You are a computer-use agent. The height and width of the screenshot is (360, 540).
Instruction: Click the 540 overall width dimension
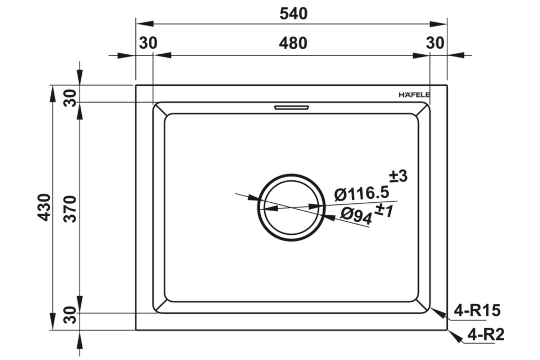point(293,14)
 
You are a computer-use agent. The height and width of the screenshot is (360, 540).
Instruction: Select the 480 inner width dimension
point(293,43)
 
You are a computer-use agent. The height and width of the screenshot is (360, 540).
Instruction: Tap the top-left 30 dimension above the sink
point(148,43)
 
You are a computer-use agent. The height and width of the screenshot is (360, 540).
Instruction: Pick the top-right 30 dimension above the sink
point(435,43)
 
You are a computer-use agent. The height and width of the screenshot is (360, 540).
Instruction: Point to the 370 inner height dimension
point(71,209)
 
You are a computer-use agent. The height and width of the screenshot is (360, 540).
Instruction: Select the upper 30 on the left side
point(71,98)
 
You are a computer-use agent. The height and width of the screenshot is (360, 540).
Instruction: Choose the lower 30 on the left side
point(71,315)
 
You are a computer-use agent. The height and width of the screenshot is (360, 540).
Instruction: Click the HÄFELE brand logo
point(414,95)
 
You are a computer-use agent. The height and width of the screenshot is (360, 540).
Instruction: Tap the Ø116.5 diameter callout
point(361,193)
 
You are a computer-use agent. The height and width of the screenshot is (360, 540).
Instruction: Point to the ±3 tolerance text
point(398,176)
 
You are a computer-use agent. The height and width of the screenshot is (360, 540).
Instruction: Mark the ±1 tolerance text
point(384,210)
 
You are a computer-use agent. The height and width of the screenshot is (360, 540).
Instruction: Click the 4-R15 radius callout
point(477,310)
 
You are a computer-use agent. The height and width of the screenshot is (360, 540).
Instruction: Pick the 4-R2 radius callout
point(486,335)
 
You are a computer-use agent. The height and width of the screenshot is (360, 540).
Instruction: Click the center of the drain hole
point(291,208)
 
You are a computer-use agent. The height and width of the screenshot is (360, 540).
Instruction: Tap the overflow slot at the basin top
point(291,107)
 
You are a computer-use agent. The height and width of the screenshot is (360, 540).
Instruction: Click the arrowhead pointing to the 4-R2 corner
point(455,337)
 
